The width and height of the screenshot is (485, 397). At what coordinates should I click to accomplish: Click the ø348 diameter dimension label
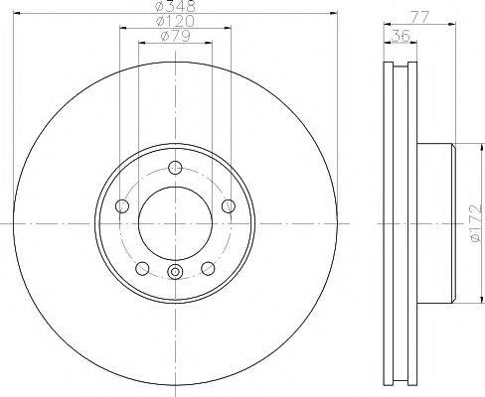pos(175,6)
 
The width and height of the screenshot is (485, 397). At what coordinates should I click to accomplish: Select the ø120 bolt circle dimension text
pos(175,21)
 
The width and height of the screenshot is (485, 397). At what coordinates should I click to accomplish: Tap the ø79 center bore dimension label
pos(176,36)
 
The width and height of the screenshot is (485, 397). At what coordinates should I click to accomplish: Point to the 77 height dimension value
pos(419,16)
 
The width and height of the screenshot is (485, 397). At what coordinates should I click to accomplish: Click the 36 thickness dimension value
pos(401,36)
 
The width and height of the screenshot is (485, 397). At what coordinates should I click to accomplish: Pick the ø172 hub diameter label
pos(475,223)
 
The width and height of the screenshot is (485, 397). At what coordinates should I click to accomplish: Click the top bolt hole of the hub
pos(175,167)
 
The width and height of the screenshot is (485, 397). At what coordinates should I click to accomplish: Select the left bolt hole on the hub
pos(122,206)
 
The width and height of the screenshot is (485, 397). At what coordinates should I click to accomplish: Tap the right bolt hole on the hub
pos(229,206)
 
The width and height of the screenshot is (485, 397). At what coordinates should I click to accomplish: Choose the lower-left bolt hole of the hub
pos(142,268)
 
